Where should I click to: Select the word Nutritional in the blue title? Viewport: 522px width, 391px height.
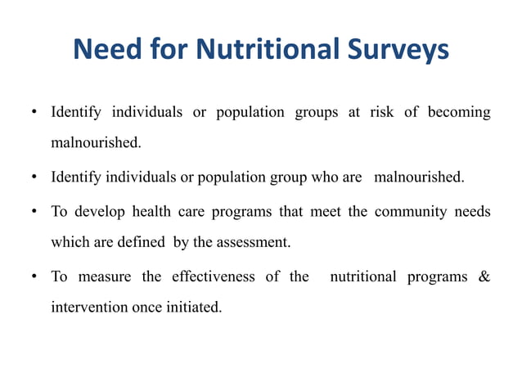[272, 50]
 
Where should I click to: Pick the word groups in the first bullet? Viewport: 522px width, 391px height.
[317, 111]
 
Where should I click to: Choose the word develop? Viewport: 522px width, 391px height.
[99, 212]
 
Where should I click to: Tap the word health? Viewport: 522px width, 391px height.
[154, 212]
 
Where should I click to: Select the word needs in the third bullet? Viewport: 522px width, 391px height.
[474, 212]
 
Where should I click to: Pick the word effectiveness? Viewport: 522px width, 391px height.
[214, 276]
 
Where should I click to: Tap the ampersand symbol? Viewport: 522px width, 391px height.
[484, 276]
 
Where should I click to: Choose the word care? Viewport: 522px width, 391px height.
[194, 212]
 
